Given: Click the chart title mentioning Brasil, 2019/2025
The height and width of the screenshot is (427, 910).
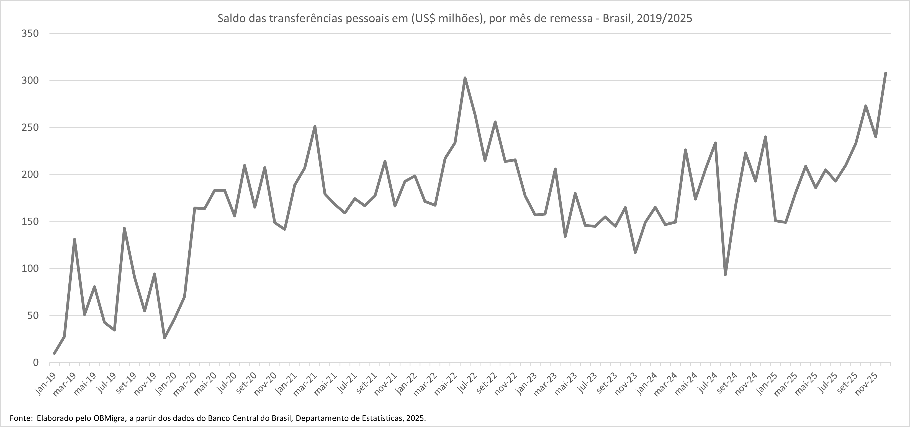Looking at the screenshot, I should pyautogui.click(x=455, y=18).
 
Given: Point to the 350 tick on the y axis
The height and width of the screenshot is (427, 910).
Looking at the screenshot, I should pyautogui.click(x=30, y=34).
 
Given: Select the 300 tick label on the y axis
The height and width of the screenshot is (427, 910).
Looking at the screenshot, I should pyautogui.click(x=30, y=81).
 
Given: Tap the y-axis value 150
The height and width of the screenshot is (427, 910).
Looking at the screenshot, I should pyautogui.click(x=30, y=222).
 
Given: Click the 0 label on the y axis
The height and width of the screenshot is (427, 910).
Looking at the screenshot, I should pyautogui.click(x=36, y=363).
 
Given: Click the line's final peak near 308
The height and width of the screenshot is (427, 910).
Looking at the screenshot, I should pyautogui.click(x=886, y=73).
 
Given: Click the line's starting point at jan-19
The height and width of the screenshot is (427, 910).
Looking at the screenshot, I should pyautogui.click(x=54, y=353).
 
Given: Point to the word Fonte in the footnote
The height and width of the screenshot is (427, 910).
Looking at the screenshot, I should pyautogui.click(x=20, y=418).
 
